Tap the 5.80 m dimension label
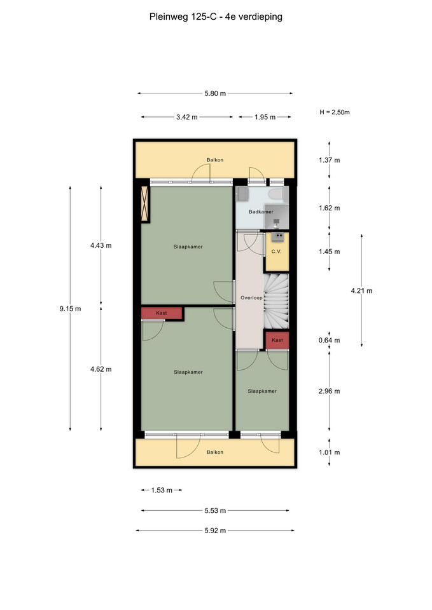pyautogui.click(x=215, y=93)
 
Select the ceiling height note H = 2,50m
pyautogui.click(x=335, y=112)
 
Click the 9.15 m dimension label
pyautogui.click(x=70, y=309)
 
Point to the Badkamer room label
pyautogui.click(x=261, y=212)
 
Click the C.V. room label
pyautogui.click(x=276, y=252)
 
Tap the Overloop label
pyautogui.click(x=251, y=298)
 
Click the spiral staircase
pyautogui.click(x=276, y=301)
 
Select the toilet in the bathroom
pyautogui.click(x=278, y=194)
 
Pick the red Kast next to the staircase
pyautogui.click(x=277, y=340)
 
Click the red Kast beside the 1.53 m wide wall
pyautogui.click(x=162, y=313)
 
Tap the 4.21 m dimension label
pyautogui.click(x=361, y=290)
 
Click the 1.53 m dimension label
pyautogui.click(x=162, y=490)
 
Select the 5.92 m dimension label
pyautogui.click(x=215, y=531)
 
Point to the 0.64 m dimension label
pyautogui.click(x=329, y=341)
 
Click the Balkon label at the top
pyautogui.click(x=215, y=160)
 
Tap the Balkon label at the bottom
pyautogui.click(x=215, y=452)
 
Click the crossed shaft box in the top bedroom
pyautogui.click(x=145, y=204)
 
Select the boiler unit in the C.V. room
pyautogui.click(x=278, y=236)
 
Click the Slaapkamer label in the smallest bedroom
pyautogui.click(x=262, y=391)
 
